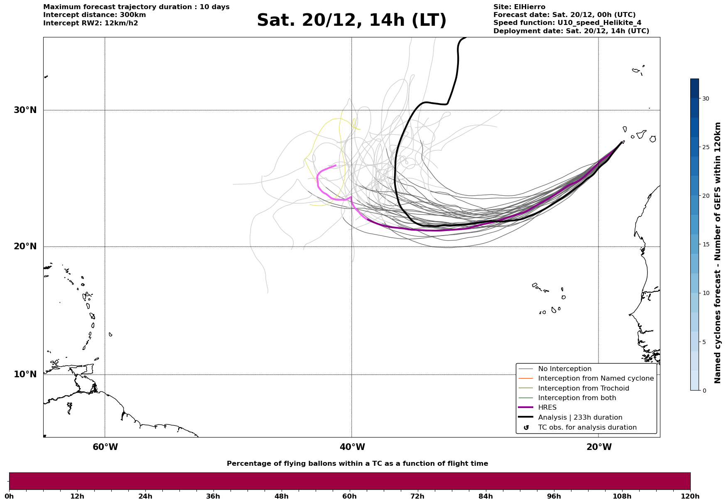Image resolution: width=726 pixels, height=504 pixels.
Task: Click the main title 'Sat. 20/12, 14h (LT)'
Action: click(x=351, y=20)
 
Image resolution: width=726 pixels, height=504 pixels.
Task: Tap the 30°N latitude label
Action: click(x=25, y=110)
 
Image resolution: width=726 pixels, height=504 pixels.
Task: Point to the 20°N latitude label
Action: click(x=25, y=246)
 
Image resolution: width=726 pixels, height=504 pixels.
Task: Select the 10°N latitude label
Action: click(x=25, y=374)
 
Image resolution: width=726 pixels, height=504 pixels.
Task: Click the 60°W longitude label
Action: click(x=105, y=447)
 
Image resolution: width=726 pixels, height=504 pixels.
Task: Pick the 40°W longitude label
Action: click(x=352, y=447)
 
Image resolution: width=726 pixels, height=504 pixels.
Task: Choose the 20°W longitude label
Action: click(x=598, y=447)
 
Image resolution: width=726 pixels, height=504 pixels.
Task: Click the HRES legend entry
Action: click(x=547, y=408)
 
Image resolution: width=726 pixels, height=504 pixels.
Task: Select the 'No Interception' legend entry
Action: click(x=564, y=369)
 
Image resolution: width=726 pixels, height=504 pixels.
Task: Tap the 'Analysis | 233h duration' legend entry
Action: click(x=580, y=418)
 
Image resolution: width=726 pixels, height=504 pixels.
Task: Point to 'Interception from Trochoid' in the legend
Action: click(x=583, y=388)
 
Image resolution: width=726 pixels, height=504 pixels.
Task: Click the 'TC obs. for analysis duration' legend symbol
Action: click(x=526, y=428)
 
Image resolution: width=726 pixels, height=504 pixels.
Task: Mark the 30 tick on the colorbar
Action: click(x=705, y=98)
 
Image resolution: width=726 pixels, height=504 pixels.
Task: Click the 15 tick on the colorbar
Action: click(x=705, y=244)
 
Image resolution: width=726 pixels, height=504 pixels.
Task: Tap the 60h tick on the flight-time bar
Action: click(x=349, y=496)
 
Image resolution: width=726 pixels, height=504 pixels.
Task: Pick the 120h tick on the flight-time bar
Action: click(x=690, y=496)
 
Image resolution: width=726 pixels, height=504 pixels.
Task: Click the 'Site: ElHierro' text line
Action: click(x=519, y=7)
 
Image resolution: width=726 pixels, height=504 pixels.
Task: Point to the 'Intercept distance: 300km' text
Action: click(x=94, y=15)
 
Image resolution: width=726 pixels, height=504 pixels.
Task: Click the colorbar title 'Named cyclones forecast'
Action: click(x=717, y=253)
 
